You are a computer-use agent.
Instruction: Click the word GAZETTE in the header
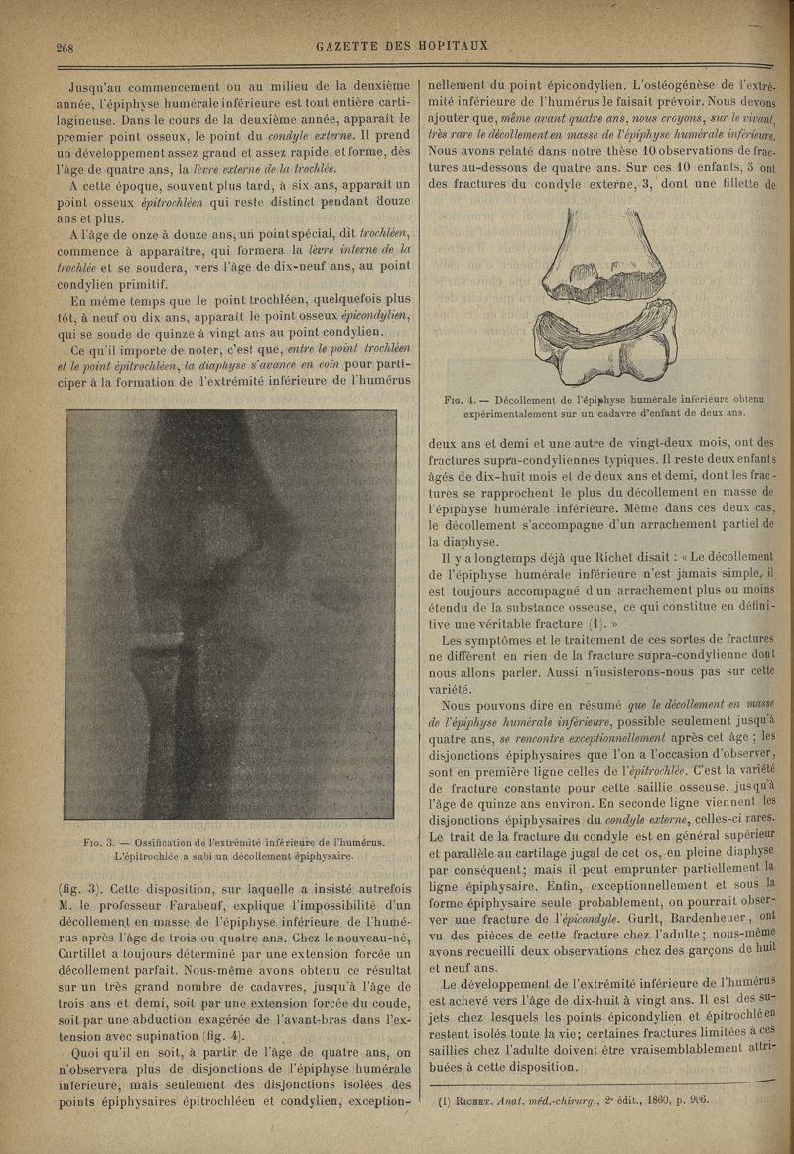pos(350,45)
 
